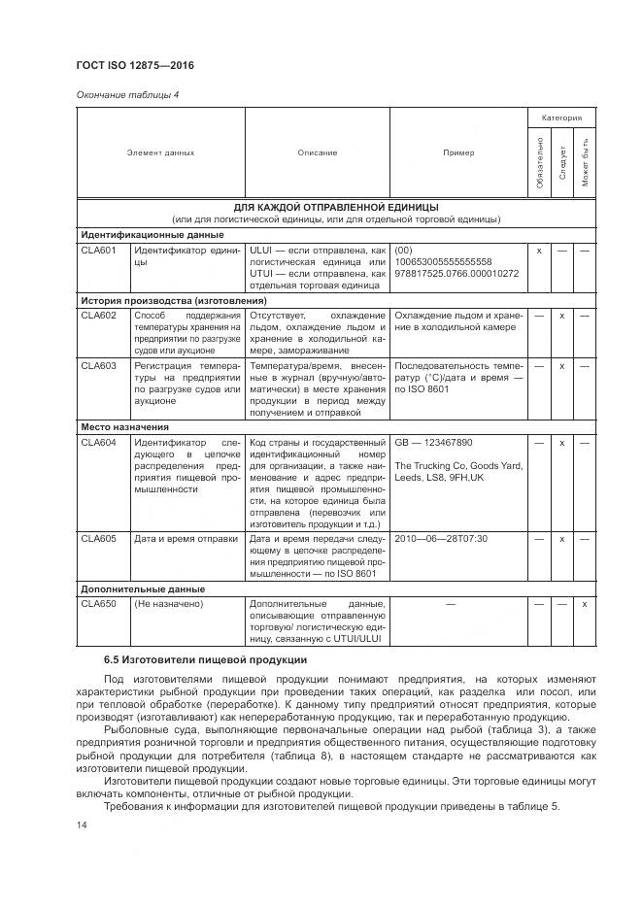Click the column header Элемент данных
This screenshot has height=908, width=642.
pyautogui.click(x=160, y=152)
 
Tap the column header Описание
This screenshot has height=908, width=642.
pyautogui.click(x=317, y=152)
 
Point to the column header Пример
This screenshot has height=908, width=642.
pyautogui.click(x=458, y=152)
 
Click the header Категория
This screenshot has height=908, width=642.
pyautogui.click(x=561, y=118)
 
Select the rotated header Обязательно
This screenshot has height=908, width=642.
pyautogui.click(x=539, y=163)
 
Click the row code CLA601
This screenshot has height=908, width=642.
pyautogui.click(x=98, y=250)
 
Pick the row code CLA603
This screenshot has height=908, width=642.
pyautogui.click(x=98, y=366)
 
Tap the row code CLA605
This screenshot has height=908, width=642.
pyautogui.click(x=98, y=538)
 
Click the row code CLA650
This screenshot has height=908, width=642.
pyautogui.click(x=98, y=604)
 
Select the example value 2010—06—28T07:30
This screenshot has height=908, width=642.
pyautogui.click(x=441, y=538)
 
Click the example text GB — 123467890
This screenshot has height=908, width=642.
pyautogui.click(x=433, y=442)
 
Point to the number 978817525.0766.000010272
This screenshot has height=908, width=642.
pyautogui.click(x=456, y=273)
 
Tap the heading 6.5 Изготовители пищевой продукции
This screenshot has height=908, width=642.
pyautogui.click(x=206, y=660)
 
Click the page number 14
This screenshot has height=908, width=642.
pyautogui.click(x=82, y=824)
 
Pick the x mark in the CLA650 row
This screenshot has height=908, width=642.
pyautogui.click(x=584, y=604)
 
